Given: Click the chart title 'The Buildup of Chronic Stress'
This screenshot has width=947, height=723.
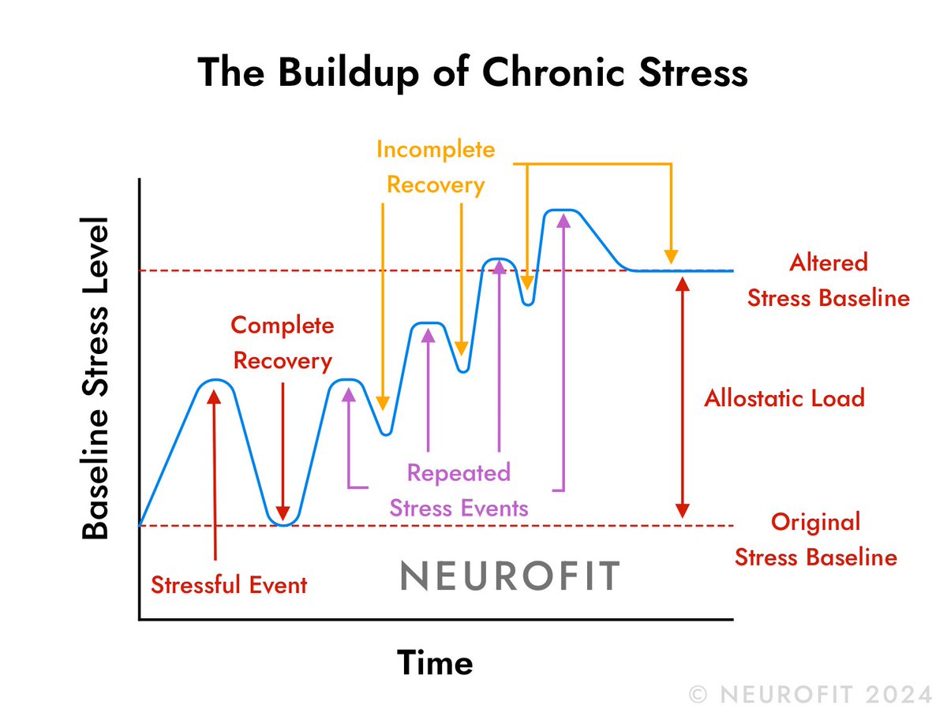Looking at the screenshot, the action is coord(473,73).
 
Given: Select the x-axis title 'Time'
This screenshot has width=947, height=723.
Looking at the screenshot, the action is coord(435,662).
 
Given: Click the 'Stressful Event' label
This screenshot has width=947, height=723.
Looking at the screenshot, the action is coord(229,585).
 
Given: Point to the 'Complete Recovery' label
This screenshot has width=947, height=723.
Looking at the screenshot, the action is coord(283,343).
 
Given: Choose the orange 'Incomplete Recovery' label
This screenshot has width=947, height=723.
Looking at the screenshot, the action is coord(436,167).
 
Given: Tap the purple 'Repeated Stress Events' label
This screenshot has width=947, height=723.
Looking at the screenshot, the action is coord(459,490).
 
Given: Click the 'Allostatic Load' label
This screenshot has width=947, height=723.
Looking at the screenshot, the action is coord(784,397).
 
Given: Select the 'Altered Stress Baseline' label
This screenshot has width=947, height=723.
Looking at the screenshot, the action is coord(828,280).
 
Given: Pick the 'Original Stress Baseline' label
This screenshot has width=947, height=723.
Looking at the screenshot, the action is coord(816,539).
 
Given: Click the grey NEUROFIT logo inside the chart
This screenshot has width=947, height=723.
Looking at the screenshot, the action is coord(510,576).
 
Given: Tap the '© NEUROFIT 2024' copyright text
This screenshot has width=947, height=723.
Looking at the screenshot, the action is coord(810,695).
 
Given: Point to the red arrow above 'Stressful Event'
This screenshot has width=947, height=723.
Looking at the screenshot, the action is coord(214,473).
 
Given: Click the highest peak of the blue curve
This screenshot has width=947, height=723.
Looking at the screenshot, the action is coord(562,211).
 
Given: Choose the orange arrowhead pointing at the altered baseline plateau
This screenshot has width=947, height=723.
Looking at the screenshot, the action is coord(671,256).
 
